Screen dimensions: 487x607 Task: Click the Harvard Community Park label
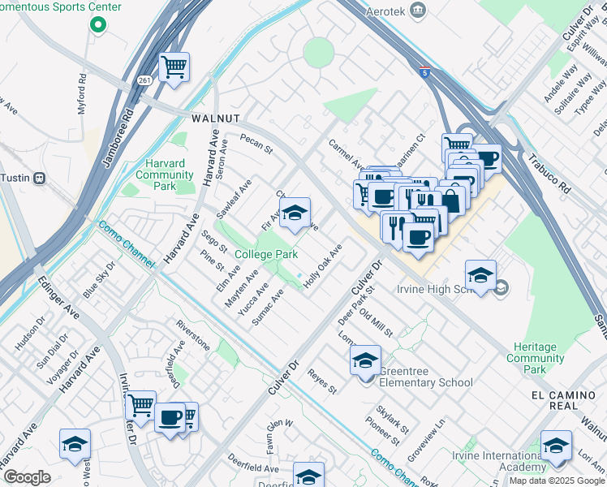[x=165, y=175]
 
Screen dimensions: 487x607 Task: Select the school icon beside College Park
[x=295, y=213]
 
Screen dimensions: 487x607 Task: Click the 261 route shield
[x=144, y=80]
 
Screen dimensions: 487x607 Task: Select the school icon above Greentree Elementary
[x=365, y=359]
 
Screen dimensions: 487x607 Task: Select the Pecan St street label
[x=256, y=144]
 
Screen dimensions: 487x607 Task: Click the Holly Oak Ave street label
[x=323, y=265]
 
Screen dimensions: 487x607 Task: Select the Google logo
[x=26, y=477]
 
